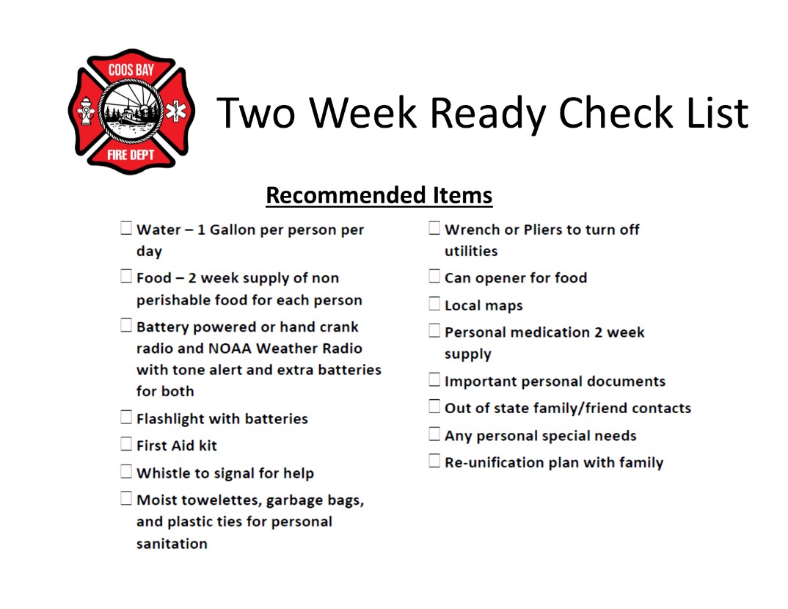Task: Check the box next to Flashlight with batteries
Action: (126, 417)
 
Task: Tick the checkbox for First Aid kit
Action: (126, 444)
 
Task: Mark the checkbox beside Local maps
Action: (434, 304)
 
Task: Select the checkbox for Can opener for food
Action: (434, 277)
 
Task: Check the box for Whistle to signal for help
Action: (126, 472)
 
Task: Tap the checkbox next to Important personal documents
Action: (434, 380)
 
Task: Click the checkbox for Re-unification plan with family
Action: (434, 461)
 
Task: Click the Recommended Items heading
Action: (379, 195)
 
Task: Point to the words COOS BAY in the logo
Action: (131, 70)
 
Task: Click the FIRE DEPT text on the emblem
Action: (131, 155)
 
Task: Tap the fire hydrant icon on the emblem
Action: (86, 111)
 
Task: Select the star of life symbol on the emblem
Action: (176, 112)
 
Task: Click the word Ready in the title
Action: (487, 114)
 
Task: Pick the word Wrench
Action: (473, 230)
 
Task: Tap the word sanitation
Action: (172, 544)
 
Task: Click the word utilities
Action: (471, 251)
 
